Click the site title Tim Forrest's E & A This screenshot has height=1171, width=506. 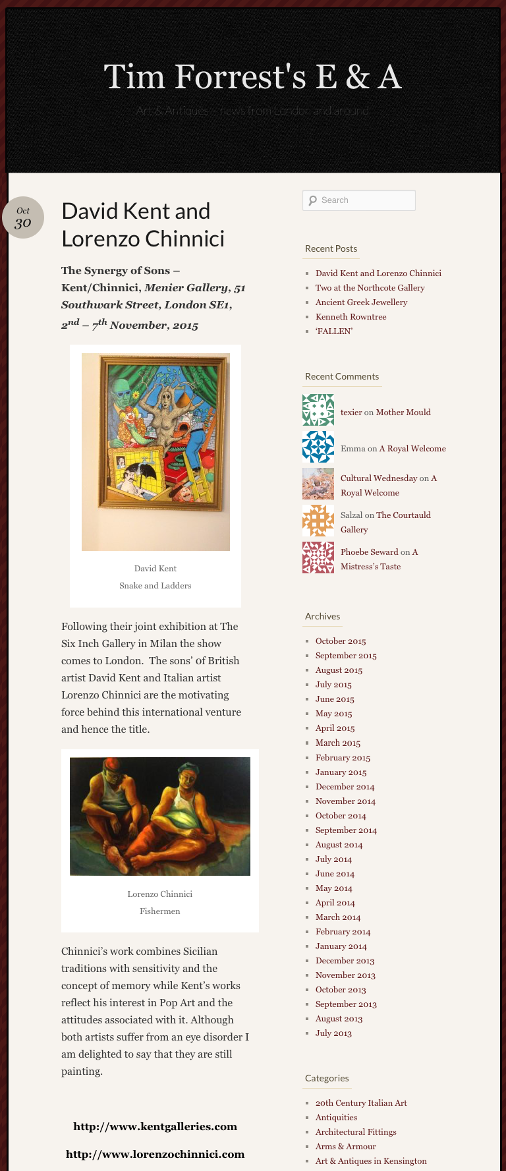[252, 77]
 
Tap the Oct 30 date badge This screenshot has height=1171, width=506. [23, 217]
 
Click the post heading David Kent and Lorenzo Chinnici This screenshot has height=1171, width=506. [143, 225]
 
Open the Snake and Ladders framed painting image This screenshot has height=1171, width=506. [155, 451]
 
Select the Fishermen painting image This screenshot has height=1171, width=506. [160, 816]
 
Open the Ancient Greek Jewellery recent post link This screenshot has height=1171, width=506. [361, 302]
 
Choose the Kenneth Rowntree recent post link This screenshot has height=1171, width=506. [351, 317]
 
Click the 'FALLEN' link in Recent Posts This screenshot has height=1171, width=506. [333, 331]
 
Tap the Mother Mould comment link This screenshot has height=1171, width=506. [403, 413]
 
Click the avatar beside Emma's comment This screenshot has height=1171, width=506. [318, 447]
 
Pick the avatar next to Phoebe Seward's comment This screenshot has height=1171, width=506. [318, 557]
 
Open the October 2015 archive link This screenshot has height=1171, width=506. [341, 641]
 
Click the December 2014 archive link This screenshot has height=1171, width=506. [345, 787]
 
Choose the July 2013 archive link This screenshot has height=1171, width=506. [333, 1033]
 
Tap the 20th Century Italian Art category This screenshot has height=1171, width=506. [361, 1103]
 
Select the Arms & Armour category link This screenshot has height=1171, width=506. [345, 1147]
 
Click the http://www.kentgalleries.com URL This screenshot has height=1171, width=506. [155, 1127]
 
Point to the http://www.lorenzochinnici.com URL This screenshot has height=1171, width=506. [155, 1155]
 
